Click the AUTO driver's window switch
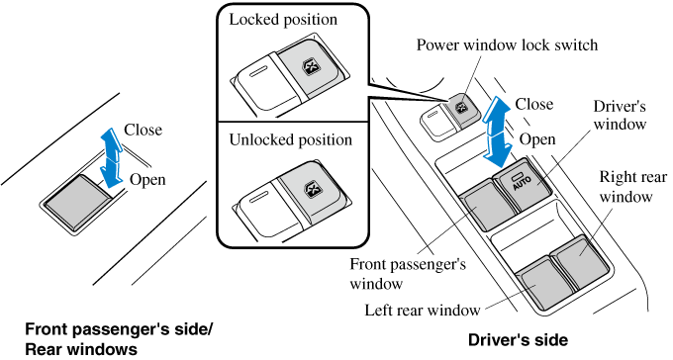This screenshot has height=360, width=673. pyautogui.click(x=523, y=184)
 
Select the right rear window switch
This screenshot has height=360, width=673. pyautogui.click(x=580, y=259)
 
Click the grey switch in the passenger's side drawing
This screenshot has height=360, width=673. pyautogui.click(x=77, y=201)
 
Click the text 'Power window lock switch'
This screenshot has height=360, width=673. pyautogui.click(x=507, y=45)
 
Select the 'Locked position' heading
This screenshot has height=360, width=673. pyautogui.click(x=283, y=20)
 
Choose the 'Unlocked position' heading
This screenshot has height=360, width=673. pyautogui.click(x=290, y=139)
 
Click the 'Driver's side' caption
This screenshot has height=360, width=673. pyautogui.click(x=518, y=340)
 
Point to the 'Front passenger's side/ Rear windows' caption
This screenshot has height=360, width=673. pyautogui.click(x=119, y=339)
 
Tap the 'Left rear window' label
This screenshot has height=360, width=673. pyautogui.click(x=423, y=310)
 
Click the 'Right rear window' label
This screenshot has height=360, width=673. pyautogui.click(x=632, y=187)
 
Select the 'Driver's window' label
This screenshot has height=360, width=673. pyautogui.click(x=620, y=116)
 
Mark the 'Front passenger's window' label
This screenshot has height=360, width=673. pyautogui.click(x=408, y=273)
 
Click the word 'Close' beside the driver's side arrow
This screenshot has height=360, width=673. pyautogui.click(x=533, y=104)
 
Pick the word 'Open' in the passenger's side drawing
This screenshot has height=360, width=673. pyautogui.click(x=147, y=179)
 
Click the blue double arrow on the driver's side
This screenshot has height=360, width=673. pyautogui.click(x=497, y=132)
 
